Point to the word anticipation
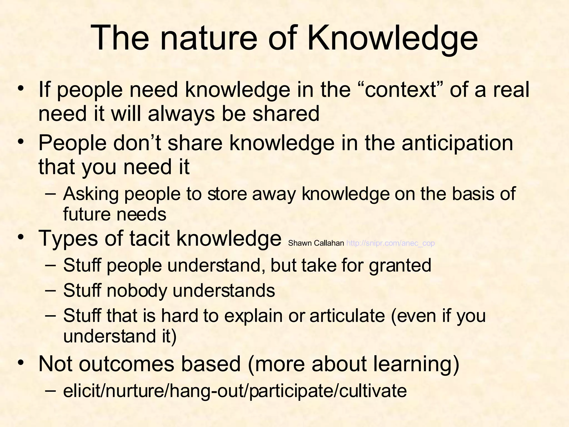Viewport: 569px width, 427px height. pos(457,143)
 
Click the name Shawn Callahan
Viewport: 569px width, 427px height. pos(316,243)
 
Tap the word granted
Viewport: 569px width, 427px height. pos(400,265)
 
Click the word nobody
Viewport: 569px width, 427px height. pos(136,291)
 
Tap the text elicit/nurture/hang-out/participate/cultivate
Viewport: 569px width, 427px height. pos(235,391)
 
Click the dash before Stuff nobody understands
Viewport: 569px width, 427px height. pos(50,289)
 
